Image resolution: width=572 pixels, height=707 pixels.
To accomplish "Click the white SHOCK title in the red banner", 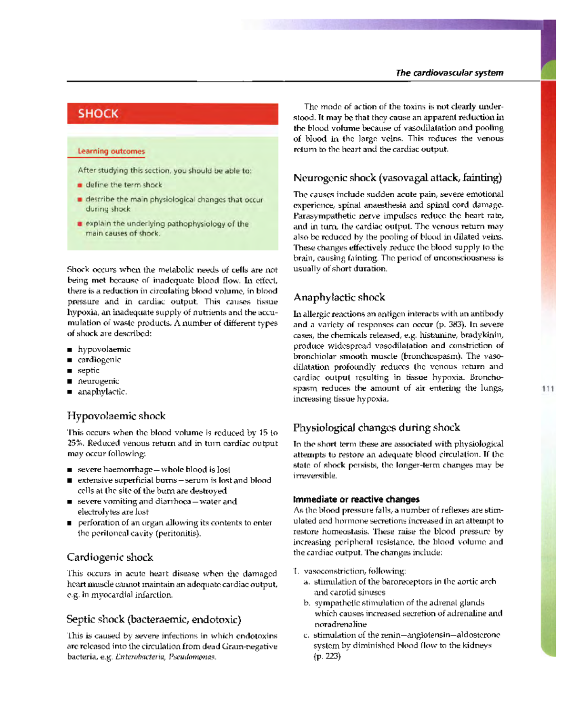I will pos(98,114).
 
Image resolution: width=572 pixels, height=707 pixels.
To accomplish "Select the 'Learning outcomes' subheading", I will pos(111,151).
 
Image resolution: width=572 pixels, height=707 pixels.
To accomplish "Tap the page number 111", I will pos(548,389).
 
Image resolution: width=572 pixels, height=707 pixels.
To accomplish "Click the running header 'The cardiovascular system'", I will pos(449,73).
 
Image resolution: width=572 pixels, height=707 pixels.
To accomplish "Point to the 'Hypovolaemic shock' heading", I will pos(116,416).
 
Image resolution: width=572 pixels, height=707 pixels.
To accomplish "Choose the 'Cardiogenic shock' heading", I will pos(110,557).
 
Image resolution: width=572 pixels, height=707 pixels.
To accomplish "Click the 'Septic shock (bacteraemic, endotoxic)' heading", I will pos(154,619).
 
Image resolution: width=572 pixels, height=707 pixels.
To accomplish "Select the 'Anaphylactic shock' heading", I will pos(339,297).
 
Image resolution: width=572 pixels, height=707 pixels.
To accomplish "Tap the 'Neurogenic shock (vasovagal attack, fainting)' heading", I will pos(398,178).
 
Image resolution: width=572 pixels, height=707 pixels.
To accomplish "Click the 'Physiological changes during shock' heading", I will pos(377,427).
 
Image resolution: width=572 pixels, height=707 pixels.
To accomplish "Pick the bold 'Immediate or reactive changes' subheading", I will pos(356,499).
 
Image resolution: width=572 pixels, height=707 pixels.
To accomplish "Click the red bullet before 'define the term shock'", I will pos(80,185).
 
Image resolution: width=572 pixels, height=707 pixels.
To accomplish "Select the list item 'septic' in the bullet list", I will pos(89,371).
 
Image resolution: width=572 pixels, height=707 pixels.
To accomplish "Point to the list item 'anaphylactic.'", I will pos(102,392).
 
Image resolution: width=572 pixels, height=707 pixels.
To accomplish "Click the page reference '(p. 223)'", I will pos(327,656).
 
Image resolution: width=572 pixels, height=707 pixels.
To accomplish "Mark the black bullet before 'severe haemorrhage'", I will pos(70,470).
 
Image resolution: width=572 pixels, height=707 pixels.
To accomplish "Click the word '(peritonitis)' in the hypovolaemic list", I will pos(178,534).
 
